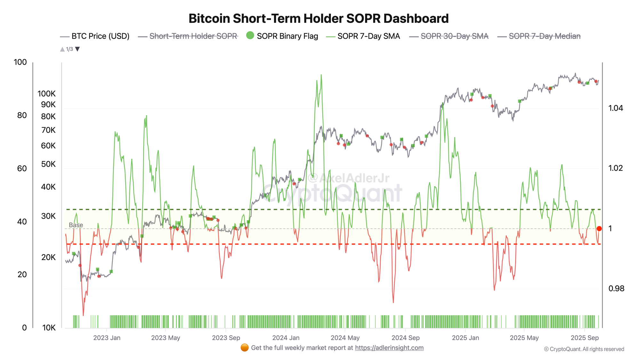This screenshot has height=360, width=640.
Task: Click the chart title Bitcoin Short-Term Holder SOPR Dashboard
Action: pos(318,19)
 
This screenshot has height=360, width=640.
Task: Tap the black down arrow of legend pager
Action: pos(77,49)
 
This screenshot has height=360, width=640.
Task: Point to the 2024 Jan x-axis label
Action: pos(286,338)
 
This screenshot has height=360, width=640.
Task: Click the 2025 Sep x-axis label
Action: pos(585,338)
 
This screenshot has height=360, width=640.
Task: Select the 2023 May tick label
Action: pos(165,338)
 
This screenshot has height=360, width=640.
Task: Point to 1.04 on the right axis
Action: pos(616,108)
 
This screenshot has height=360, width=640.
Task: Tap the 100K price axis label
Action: pos(46,94)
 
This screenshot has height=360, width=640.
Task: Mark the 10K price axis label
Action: pos(49,328)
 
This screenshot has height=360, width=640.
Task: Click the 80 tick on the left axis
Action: pos(22,115)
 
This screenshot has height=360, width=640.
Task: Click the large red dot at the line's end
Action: pos(599,228)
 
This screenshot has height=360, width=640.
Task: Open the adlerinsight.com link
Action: pos(389,348)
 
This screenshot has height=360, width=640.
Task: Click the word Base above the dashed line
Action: pos(76,225)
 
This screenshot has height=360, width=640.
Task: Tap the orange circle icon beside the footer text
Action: pos(244,348)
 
